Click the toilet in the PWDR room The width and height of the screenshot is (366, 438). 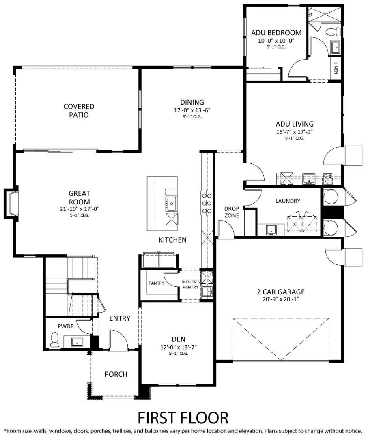(54, 340)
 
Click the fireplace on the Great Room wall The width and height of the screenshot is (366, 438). (11, 203)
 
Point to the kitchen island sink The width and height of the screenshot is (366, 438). (171, 202)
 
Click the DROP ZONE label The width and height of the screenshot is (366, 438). (232, 212)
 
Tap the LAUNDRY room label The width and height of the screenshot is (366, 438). (288, 201)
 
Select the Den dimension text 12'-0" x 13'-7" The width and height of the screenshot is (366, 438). (179, 347)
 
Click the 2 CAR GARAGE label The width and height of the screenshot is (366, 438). (281, 292)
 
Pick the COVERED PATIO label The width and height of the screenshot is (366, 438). (79, 111)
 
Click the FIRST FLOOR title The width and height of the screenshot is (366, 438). (183, 417)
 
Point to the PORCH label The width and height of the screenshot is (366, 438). (116, 374)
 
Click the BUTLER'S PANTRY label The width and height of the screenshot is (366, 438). (190, 284)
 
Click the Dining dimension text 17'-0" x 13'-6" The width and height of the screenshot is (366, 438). (192, 110)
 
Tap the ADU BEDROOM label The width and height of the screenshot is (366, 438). (276, 33)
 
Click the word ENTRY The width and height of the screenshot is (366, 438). (120, 318)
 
